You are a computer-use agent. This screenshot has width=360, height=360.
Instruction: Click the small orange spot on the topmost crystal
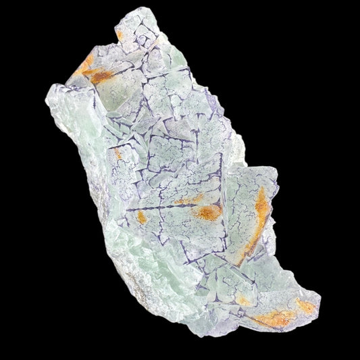click(x=120, y=34)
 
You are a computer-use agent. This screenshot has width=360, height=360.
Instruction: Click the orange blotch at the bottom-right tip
click(x=305, y=307)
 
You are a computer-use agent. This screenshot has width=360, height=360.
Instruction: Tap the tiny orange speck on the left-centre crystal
click(x=118, y=155)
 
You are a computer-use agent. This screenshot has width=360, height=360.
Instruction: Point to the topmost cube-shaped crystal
click(x=138, y=30)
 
